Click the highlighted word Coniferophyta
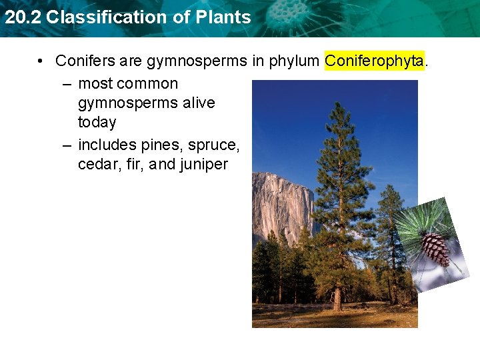pos(374,61)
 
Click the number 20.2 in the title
pos(23,17)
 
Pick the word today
pos(97,123)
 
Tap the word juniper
pos(203,164)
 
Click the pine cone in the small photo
pos(434,247)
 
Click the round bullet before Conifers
pos(41,61)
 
